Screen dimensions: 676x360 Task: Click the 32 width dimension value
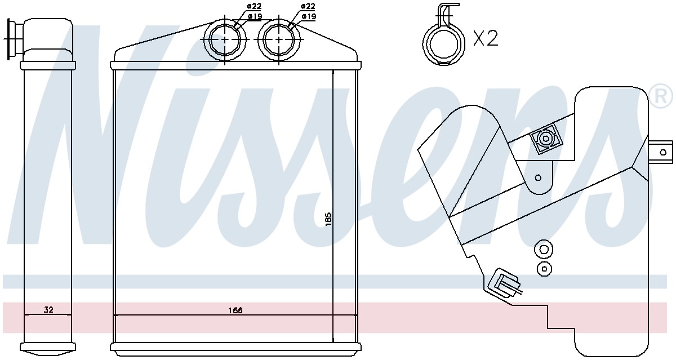(x=48, y=310)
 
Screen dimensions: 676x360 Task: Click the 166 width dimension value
(x=235, y=310)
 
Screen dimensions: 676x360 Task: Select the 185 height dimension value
(x=328, y=218)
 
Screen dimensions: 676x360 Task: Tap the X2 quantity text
(x=486, y=38)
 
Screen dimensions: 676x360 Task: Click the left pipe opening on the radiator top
(x=225, y=39)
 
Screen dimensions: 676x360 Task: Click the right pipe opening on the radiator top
(x=279, y=39)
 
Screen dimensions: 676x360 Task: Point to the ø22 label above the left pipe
(x=254, y=6)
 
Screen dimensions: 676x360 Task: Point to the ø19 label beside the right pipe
(x=309, y=16)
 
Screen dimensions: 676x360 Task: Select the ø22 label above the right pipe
(x=308, y=6)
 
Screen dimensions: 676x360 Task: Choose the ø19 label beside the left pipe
(x=255, y=16)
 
